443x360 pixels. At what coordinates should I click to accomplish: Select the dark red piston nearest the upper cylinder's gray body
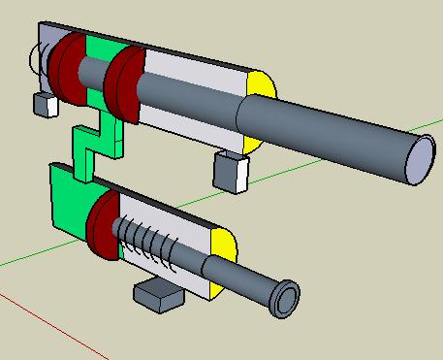(x=123, y=86)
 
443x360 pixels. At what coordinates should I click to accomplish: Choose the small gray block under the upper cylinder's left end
(x=44, y=104)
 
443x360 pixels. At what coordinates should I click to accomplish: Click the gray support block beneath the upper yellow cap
(x=231, y=171)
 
